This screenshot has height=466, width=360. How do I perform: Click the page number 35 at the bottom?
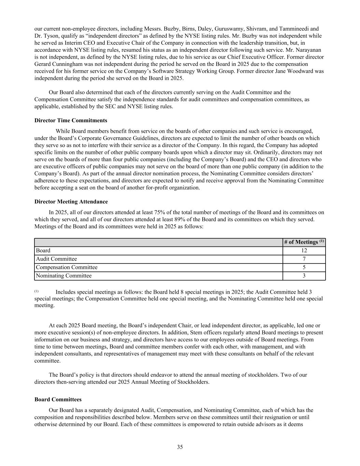pyautogui.click(x=180, y=447)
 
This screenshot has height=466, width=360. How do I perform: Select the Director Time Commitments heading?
pyautogui.click(x=71, y=121)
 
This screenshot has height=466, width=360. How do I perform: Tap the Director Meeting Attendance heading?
pyautogui.click(x=71, y=202)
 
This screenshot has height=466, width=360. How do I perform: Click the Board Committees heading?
pyautogui.click(x=58, y=399)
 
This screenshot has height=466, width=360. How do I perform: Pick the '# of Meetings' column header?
pyautogui.click(x=304, y=242)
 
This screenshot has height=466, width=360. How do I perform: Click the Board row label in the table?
pyautogui.click(x=43, y=251)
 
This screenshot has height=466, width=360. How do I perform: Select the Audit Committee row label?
pyautogui.click(x=56, y=259)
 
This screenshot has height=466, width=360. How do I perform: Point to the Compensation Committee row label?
pyautogui.click(x=67, y=267)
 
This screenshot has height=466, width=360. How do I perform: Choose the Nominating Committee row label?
pyautogui.click(x=64, y=276)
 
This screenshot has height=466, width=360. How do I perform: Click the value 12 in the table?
pyautogui.click(x=304, y=251)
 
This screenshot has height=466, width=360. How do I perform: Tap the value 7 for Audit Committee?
pyautogui.click(x=304, y=259)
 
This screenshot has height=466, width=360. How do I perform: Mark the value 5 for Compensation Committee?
pyautogui.click(x=304, y=267)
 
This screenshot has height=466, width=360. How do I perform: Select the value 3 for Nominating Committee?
pyautogui.click(x=304, y=276)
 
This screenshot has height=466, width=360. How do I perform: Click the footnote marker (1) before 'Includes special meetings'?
pyautogui.click(x=37, y=291)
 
